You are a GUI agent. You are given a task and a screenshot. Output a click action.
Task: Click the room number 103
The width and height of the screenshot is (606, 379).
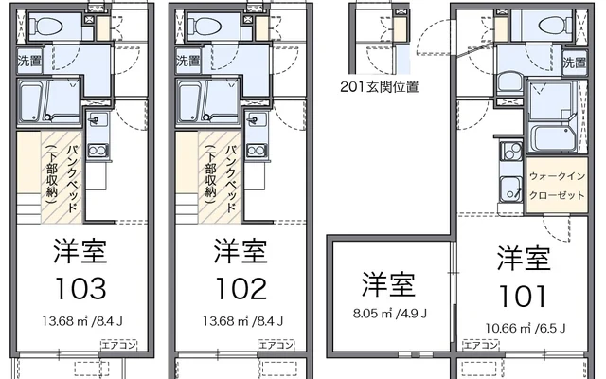(x=80, y=287)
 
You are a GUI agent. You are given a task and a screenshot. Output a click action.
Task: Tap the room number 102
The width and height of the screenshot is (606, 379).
(x=240, y=287)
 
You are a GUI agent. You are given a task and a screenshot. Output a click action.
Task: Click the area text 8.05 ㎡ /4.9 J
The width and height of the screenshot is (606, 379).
(x=389, y=314)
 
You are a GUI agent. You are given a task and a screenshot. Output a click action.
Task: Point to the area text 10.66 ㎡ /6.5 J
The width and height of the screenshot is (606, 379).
(x=526, y=328)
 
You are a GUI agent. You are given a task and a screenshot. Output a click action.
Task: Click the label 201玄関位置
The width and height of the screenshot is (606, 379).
(x=379, y=86)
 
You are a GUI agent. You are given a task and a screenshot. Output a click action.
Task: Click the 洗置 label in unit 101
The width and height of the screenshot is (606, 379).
(x=574, y=64)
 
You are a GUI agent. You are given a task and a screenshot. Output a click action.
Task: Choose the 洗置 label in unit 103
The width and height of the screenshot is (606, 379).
(x=28, y=62)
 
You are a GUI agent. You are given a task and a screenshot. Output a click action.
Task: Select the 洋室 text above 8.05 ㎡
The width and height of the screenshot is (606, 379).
(x=389, y=284)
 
